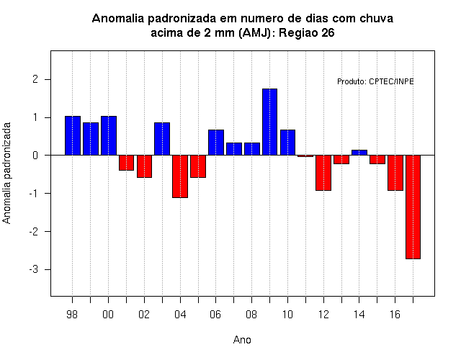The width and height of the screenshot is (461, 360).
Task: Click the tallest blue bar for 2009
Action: point(269,122)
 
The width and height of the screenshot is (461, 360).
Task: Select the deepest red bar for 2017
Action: point(413,207)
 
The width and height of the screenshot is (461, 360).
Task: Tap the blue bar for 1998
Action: point(73,135)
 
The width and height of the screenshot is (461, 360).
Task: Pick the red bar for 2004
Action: point(180,176)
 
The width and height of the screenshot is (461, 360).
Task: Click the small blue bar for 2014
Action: point(359,153)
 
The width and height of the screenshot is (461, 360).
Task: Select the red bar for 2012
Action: point(323,173)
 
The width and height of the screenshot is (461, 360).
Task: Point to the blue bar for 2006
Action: point(216,143)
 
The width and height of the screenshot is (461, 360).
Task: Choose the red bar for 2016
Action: point(395,173)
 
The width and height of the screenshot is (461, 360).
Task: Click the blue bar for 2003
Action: point(162,139)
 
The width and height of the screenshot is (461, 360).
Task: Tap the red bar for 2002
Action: point(144,166)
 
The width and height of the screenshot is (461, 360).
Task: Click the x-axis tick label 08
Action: point(251,315)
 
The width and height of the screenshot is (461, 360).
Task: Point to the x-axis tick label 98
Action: point(72,315)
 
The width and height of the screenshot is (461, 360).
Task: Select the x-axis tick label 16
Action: point(395,315)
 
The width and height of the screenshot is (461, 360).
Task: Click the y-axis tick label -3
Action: point(34,269)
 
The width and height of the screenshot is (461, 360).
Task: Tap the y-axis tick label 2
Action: point(35,79)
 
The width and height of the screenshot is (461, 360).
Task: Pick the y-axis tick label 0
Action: point(35,156)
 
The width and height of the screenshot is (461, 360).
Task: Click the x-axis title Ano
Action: point(242,340)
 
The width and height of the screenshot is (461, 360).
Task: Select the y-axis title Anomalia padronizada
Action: point(6,173)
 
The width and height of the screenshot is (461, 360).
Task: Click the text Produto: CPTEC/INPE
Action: point(375,81)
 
